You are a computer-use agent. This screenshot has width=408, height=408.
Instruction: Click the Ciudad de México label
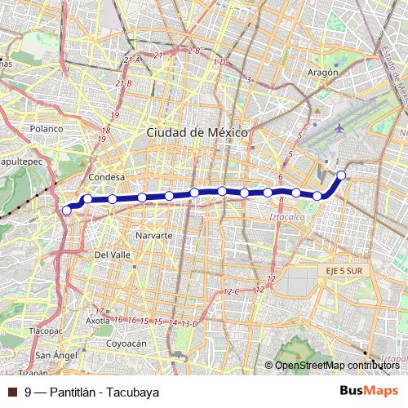[x=197, y=132]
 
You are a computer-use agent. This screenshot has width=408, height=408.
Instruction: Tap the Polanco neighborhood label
[x=47, y=129]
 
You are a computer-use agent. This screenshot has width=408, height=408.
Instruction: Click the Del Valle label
[x=113, y=255]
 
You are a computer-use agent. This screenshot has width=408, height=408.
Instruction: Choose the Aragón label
[x=324, y=72]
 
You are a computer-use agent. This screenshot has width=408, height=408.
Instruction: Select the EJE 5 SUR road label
[x=342, y=266]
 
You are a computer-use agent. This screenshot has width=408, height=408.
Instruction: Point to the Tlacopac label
[x=45, y=332]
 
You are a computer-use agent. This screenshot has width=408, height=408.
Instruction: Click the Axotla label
[x=98, y=321]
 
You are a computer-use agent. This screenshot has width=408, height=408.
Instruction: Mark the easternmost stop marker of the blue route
[x=341, y=175]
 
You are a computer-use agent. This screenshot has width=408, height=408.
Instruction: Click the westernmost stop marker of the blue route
[x=67, y=210]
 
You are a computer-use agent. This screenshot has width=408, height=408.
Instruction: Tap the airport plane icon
[x=339, y=128]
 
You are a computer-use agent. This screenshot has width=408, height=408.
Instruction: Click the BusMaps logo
[x=369, y=391]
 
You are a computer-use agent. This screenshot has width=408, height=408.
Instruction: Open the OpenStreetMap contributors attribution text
[x=336, y=365]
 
